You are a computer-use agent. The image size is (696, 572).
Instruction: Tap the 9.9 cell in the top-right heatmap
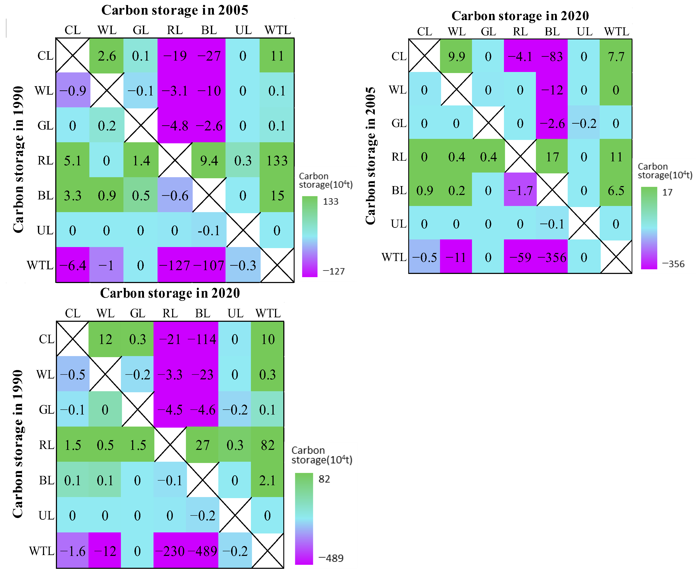coord(457,56)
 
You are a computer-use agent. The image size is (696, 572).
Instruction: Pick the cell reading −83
coord(552,56)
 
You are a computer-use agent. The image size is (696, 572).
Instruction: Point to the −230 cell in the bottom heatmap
coord(170,551)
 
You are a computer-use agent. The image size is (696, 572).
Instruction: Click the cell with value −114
coord(202,339)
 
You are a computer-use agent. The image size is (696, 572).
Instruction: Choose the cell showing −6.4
coord(72,265)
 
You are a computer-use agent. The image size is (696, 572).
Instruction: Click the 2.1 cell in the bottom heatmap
coord(267,480)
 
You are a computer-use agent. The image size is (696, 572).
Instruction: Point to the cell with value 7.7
coord(616,56)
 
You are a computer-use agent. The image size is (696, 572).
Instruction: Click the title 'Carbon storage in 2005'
coord(175,10)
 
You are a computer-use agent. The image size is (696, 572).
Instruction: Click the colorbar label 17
coord(667,192)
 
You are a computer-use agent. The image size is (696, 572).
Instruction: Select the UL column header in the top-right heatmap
coord(584,32)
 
